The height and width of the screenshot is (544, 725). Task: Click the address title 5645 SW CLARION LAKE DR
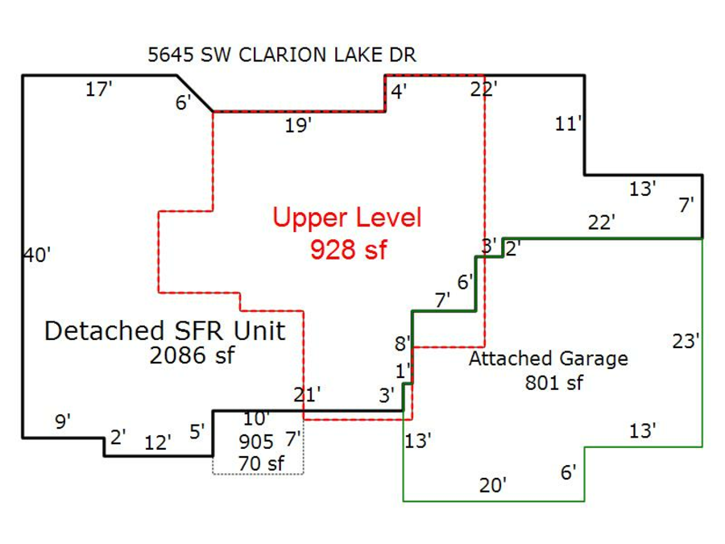point(282,55)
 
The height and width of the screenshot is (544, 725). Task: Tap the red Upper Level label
point(346,218)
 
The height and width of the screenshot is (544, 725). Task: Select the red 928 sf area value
point(348,249)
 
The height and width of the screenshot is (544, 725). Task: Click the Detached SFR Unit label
point(165,330)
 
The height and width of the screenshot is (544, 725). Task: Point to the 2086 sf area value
point(192,355)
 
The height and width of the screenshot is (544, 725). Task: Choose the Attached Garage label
point(548,359)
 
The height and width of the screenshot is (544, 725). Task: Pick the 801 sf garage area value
point(553,383)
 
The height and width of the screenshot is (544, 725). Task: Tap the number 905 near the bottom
point(256,442)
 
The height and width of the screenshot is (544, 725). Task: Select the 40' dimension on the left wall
point(36,255)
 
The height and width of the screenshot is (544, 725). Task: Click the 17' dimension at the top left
point(99,90)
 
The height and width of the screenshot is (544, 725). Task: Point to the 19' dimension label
point(298,126)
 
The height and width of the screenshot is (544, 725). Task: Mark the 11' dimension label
point(569,124)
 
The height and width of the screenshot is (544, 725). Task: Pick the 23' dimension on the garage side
point(686,341)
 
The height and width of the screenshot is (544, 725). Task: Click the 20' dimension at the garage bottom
point(493,484)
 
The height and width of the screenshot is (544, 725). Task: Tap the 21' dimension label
point(308,394)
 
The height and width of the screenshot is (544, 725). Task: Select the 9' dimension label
point(63,421)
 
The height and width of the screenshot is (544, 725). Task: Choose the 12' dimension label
point(158,442)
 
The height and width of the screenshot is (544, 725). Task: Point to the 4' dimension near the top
point(399,91)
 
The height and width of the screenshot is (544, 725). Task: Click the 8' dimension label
point(403,343)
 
